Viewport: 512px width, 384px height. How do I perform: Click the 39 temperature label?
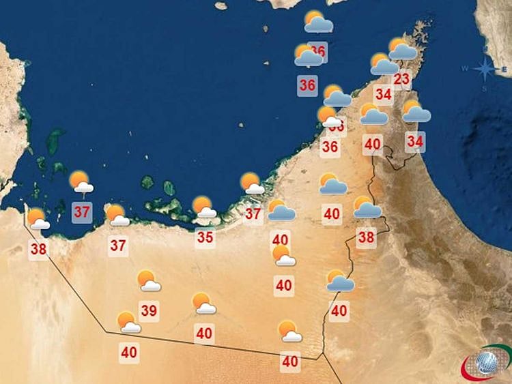(x=149, y=311)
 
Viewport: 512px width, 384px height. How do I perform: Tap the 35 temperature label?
(x=205, y=237)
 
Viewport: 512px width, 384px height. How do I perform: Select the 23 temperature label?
(x=402, y=78)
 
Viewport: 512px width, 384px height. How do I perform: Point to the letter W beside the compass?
(x=465, y=68)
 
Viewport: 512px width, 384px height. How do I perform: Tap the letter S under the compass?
(x=483, y=88)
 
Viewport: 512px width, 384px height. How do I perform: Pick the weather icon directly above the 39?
(x=148, y=280)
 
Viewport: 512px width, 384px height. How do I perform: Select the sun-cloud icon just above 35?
(x=204, y=207)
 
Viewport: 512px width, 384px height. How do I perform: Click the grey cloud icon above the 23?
(x=403, y=49)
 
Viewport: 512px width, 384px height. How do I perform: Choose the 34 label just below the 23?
(x=383, y=94)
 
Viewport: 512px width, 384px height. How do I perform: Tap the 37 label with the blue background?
(x=82, y=211)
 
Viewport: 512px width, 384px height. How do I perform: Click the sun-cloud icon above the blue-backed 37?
(x=82, y=181)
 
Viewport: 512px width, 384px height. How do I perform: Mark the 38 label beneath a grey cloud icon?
(x=367, y=237)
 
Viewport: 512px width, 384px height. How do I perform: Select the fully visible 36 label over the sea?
(x=308, y=85)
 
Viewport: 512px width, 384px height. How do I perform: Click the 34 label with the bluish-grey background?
(x=415, y=142)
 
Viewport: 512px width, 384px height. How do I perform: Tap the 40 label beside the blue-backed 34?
(x=372, y=144)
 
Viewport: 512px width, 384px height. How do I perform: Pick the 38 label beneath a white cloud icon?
(x=38, y=249)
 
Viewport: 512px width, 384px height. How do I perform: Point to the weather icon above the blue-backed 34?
(x=416, y=111)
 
